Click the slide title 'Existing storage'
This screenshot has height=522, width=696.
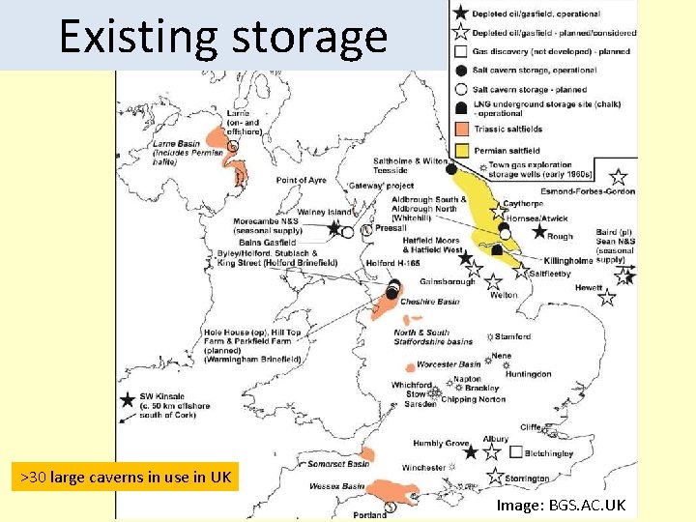pyautogui.click(x=223, y=37)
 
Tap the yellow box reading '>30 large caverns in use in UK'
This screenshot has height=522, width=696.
pyautogui.click(x=125, y=477)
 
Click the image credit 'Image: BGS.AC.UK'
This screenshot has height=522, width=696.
pyautogui.click(x=561, y=506)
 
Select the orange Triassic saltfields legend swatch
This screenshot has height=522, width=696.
pyautogui.click(x=461, y=130)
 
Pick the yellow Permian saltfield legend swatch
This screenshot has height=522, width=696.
pyautogui.click(x=461, y=150)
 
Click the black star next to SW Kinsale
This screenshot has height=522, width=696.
pyautogui.click(x=127, y=400)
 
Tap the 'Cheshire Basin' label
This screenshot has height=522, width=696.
pyautogui.click(x=430, y=302)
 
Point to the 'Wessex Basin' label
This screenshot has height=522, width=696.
pyautogui.click(x=337, y=486)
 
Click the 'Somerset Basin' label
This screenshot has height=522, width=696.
pyautogui.click(x=336, y=464)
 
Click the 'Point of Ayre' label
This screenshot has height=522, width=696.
pyautogui.click(x=302, y=181)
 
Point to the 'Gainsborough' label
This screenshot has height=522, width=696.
pyautogui.click(x=448, y=281)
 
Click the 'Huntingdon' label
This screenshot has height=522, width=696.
pyautogui.click(x=529, y=374)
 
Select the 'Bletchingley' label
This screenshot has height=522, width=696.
pyautogui.click(x=550, y=452)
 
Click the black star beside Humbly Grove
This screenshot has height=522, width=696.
pyautogui.click(x=471, y=451)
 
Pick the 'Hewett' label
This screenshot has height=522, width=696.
pyautogui.click(x=588, y=288)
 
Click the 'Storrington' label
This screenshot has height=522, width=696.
pyautogui.click(x=526, y=478)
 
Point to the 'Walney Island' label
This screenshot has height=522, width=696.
pyautogui.click(x=325, y=212)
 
